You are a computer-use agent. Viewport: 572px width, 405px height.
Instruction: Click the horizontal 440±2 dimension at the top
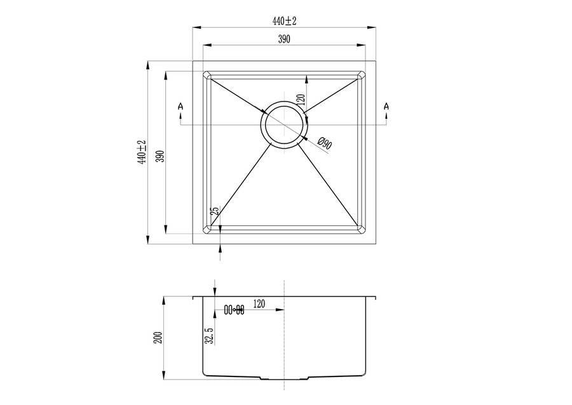click(285, 21)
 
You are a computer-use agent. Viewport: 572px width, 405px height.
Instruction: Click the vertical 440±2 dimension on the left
click(142, 152)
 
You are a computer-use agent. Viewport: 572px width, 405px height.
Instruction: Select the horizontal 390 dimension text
click(284, 39)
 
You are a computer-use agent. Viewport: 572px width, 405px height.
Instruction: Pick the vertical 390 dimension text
click(161, 156)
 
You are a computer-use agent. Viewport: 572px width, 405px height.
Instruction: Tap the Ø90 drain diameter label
click(324, 143)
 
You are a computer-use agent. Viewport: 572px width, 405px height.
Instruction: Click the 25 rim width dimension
click(215, 211)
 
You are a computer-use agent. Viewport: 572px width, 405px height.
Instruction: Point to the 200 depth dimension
click(158, 338)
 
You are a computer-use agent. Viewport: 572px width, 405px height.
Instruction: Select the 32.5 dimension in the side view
click(209, 335)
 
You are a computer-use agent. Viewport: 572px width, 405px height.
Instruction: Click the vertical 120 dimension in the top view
click(301, 100)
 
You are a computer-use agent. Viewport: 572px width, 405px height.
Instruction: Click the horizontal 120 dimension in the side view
click(259, 303)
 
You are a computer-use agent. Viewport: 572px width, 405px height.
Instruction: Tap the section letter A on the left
click(180, 107)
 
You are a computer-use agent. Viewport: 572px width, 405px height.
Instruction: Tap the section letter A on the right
click(386, 107)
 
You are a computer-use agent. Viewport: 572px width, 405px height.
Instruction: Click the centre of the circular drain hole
click(284, 125)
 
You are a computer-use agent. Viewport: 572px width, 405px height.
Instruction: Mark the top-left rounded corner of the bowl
click(207, 75)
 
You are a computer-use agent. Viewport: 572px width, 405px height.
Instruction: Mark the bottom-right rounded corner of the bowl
click(362, 229)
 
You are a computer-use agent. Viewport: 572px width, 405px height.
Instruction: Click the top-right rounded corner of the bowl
click(362, 75)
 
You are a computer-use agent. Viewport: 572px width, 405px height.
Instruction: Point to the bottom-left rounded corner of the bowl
click(207, 229)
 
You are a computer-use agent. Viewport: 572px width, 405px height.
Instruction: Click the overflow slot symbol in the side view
click(234, 310)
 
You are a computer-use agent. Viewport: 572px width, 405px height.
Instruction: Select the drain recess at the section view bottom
click(284, 378)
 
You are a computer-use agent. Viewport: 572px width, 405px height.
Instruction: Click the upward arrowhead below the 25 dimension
click(220, 248)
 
